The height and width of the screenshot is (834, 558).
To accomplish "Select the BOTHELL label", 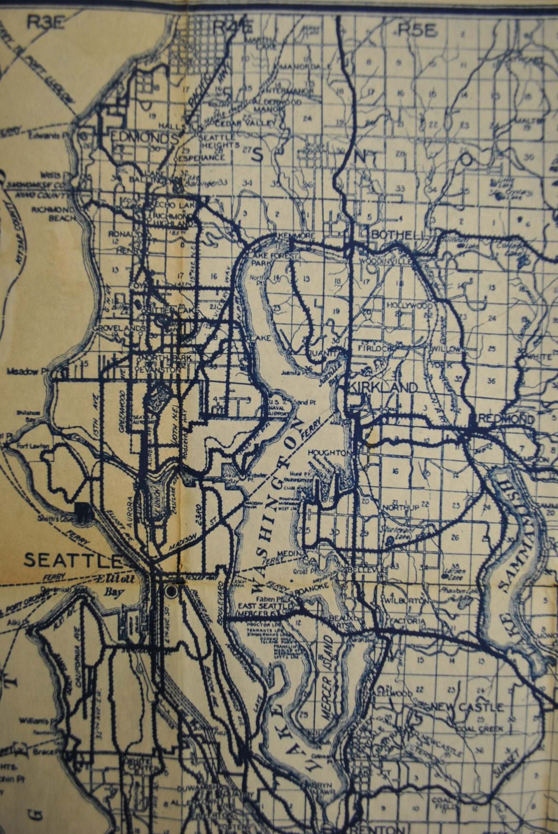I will [397, 235].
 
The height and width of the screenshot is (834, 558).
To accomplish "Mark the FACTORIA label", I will [406, 621].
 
